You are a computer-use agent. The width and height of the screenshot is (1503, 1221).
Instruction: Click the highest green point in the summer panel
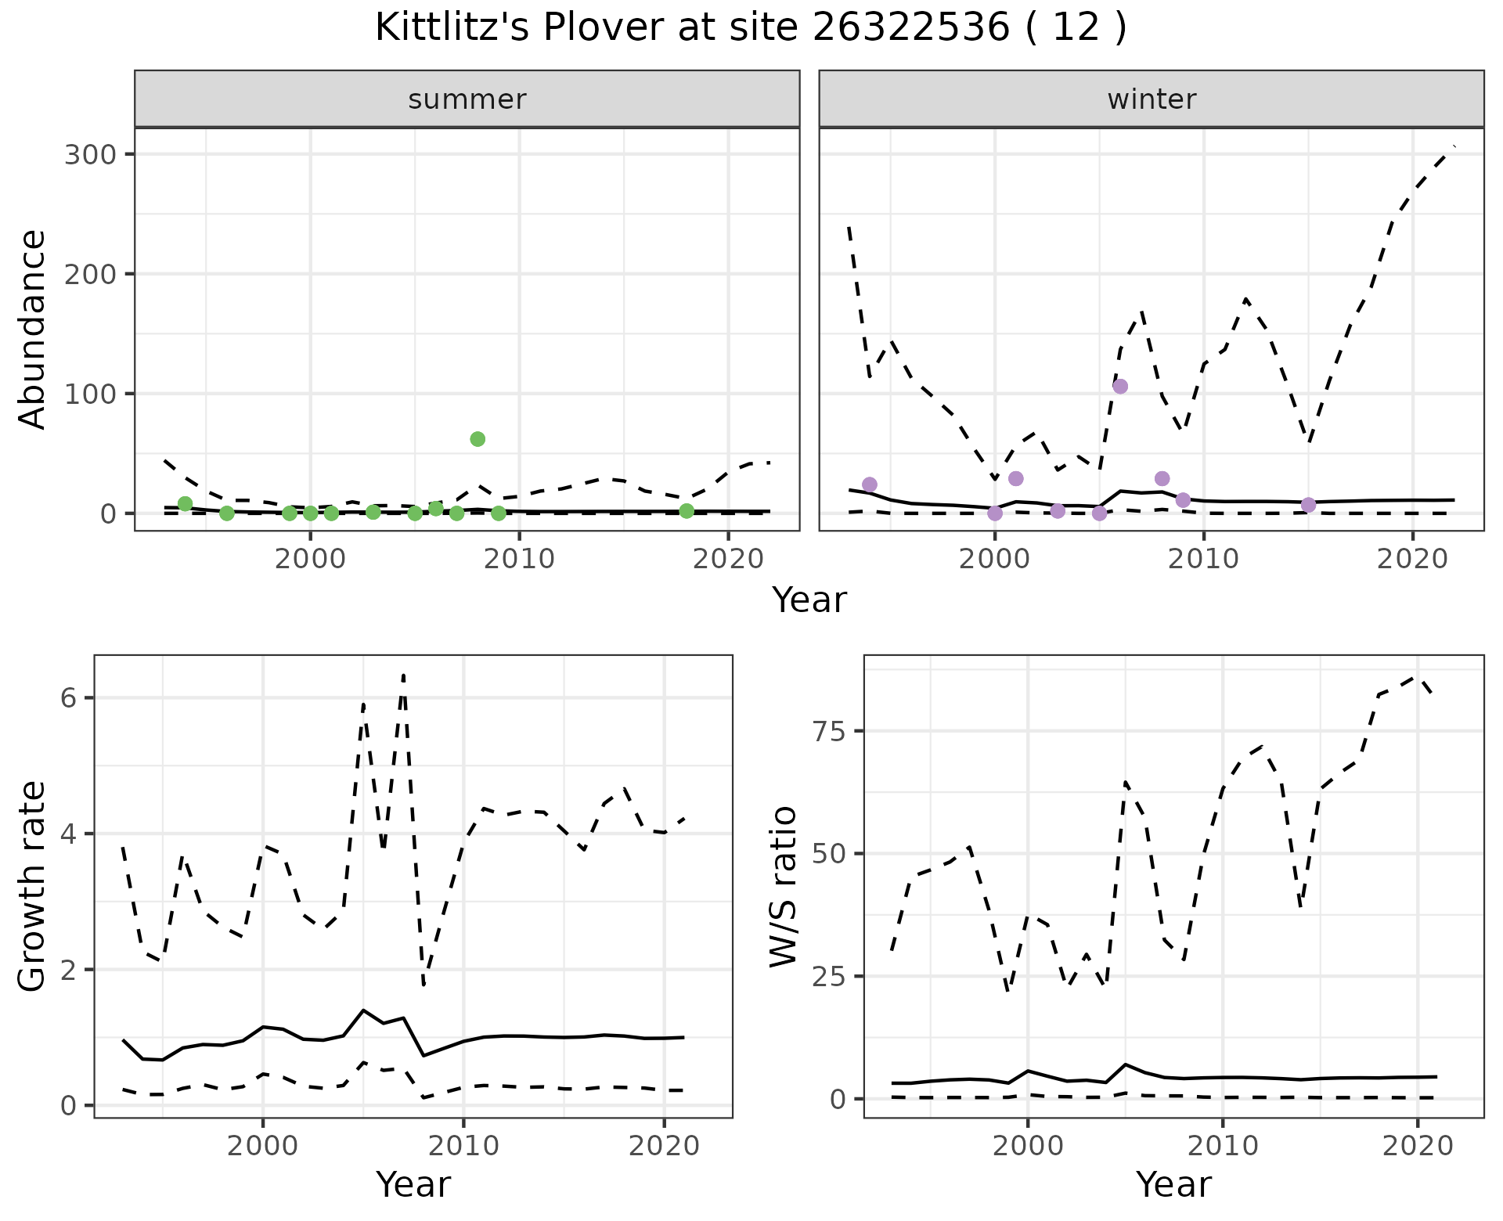tap(478, 439)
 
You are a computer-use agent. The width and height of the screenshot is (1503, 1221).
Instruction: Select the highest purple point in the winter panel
tap(1120, 386)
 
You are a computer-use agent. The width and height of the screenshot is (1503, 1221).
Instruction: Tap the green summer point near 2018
tap(687, 511)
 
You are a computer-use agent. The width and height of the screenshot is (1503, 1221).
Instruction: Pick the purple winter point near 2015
tap(1308, 505)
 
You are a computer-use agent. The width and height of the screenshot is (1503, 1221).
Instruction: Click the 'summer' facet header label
tap(467, 99)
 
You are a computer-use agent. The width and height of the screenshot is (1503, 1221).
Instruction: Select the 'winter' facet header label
tap(1152, 99)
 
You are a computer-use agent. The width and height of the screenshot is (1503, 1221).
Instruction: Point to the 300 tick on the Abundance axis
tap(95, 154)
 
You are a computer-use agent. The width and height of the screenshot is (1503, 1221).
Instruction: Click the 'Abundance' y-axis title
tap(33, 329)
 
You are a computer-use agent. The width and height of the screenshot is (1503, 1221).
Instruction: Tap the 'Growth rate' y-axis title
tap(33, 886)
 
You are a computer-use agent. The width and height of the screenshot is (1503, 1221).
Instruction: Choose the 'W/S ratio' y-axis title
tap(783, 886)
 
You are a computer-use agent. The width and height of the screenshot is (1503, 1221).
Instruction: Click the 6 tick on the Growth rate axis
tap(68, 698)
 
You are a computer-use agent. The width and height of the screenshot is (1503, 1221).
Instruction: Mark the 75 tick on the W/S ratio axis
tap(828, 731)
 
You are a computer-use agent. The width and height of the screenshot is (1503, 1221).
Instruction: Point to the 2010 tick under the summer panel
tap(519, 559)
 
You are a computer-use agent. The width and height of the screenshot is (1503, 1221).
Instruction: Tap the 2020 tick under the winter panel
tap(1413, 559)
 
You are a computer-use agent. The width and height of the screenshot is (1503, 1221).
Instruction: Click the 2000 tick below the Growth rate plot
tap(263, 1146)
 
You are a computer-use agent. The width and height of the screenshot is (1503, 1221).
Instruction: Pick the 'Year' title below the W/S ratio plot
tap(1173, 1184)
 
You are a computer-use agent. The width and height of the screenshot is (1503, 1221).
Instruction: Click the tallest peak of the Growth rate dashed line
tap(403, 675)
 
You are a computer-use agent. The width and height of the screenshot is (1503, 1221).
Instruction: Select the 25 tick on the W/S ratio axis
tap(828, 976)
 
